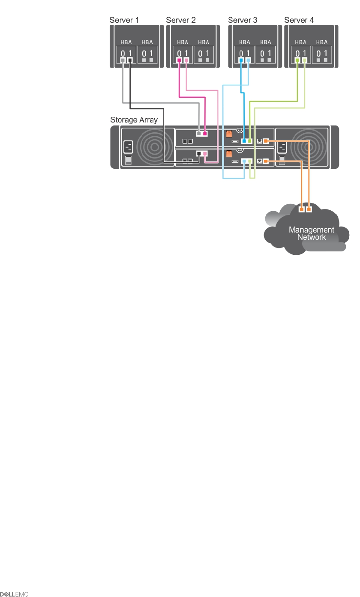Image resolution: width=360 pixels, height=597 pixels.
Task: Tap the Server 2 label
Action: tap(181, 20)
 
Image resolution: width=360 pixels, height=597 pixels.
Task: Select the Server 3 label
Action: tap(243, 20)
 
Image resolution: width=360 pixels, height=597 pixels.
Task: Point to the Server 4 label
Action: tap(299, 20)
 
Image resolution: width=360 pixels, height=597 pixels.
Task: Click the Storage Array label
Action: tap(134, 120)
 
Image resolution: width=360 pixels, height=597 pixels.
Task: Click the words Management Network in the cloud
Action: tap(312, 233)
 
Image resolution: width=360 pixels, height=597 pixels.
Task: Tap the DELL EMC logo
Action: tap(15, 594)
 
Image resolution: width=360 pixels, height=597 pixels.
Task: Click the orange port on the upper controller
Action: tap(266, 140)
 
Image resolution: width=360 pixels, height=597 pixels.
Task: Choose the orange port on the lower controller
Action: tap(266, 161)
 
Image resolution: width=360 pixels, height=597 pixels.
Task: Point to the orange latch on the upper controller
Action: tap(228, 134)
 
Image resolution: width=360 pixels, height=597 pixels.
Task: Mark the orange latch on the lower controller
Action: tap(228, 155)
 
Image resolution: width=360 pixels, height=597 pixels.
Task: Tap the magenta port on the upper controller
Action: tap(205, 134)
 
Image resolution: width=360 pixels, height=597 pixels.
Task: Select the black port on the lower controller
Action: tap(198, 153)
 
